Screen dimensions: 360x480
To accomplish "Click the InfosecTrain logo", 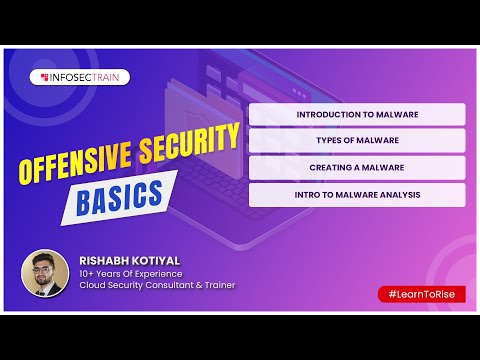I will click(84, 77).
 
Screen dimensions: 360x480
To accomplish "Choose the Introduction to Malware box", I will click(357, 114).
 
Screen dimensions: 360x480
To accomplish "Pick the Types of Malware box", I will click(357, 141).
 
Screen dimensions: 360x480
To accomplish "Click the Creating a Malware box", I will click(357, 167).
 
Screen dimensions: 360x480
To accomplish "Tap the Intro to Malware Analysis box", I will click(357, 194).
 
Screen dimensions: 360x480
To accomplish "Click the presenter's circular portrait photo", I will click(45, 273).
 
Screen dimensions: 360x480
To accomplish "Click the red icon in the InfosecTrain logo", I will click(45, 77).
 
